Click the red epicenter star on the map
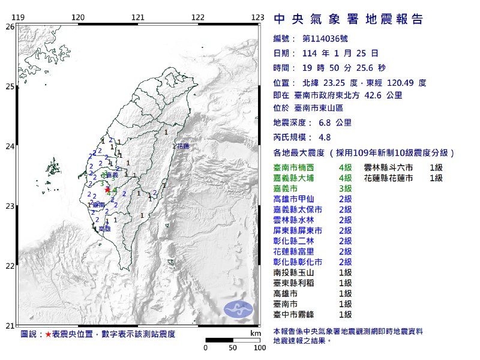[107, 190]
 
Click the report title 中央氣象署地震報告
[348, 19]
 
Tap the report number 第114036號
[325, 38]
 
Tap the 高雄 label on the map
[104, 229]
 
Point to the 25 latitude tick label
[10, 86]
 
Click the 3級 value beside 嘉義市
[345, 188]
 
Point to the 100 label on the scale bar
[260, 347]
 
